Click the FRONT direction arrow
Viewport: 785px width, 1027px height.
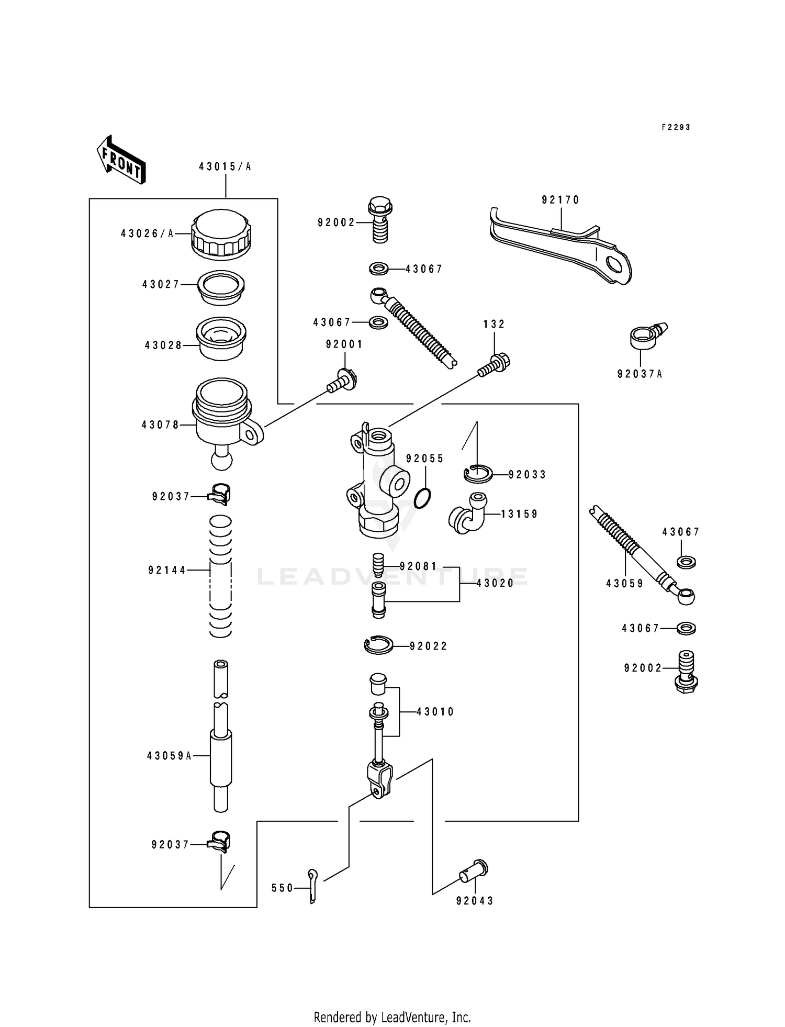pos(120,160)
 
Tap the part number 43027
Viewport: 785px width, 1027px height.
pos(161,284)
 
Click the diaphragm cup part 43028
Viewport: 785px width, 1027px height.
pos(221,338)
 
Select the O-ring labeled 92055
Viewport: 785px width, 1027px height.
pos(422,498)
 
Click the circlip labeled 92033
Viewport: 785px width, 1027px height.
pos(477,474)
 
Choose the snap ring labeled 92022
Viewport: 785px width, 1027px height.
pos(378,645)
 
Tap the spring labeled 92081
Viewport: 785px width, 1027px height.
pos(378,566)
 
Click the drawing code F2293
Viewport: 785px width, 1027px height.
pos(676,127)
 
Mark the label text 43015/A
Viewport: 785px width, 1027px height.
pos(225,167)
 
